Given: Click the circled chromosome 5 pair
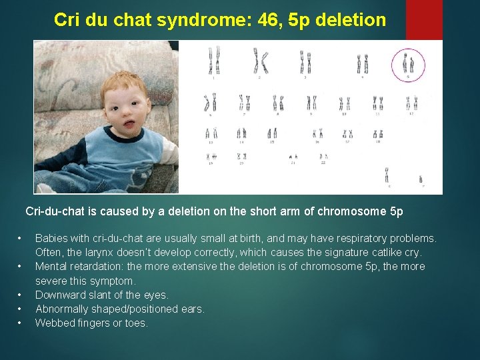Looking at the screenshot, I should pyautogui.click(x=408, y=64).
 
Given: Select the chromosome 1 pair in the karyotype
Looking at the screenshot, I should pyautogui.click(x=213, y=61).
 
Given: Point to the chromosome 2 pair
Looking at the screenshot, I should pyautogui.click(x=259, y=61).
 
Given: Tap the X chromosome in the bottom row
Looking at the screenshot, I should pyautogui.click(x=387, y=175).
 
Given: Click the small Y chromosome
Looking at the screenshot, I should pyautogui.click(x=421, y=179).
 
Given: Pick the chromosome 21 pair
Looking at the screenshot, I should pyautogui.click(x=293, y=158).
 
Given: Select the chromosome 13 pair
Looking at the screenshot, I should pyautogui.click(x=212, y=133).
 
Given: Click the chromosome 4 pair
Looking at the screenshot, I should pyautogui.click(x=362, y=64).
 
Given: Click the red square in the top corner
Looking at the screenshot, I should pyautogui.click(x=424, y=19).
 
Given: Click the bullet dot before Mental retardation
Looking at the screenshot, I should pyautogui.click(x=21, y=267).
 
